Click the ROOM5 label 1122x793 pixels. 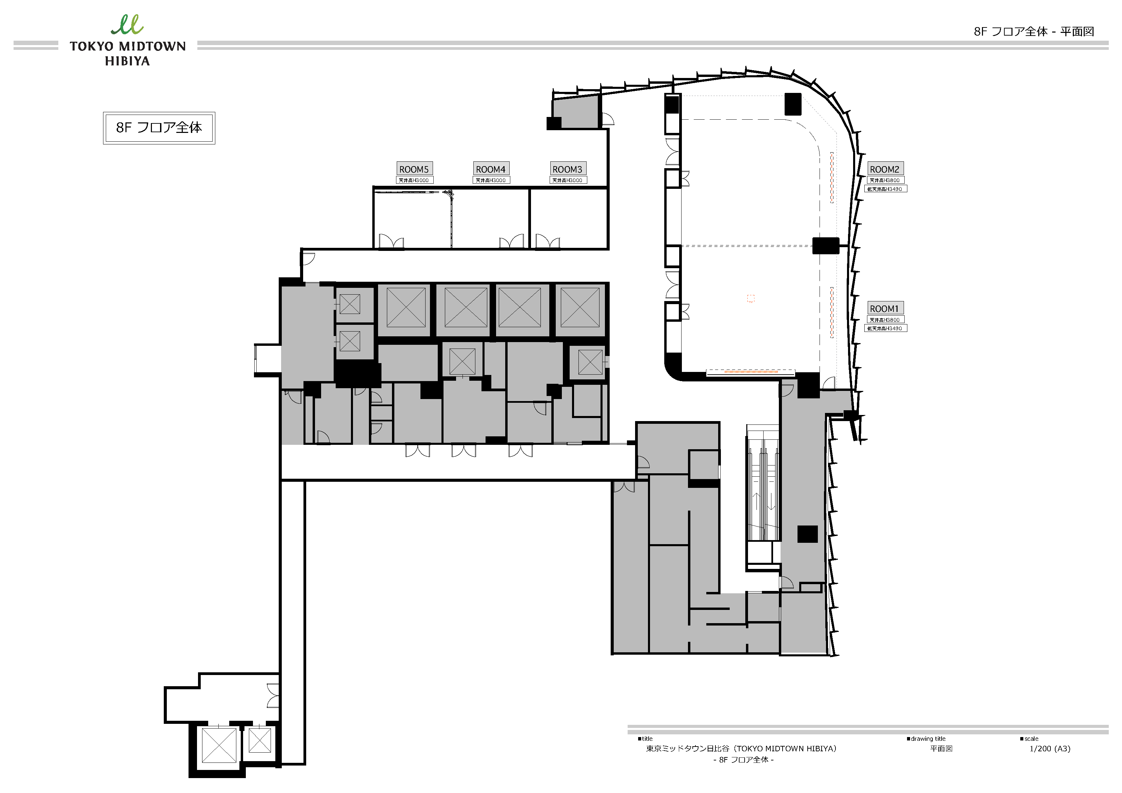point(414,169)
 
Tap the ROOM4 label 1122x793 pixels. point(491,169)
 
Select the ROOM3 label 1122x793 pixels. point(567,169)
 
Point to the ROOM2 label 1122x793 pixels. point(885,169)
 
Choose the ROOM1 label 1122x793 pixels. point(885,308)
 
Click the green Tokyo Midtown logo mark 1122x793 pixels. point(127,24)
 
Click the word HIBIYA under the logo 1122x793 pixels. point(127,61)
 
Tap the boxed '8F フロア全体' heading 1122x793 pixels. point(159,127)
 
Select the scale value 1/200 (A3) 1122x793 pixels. point(1050,749)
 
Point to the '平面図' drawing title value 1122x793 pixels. point(941,749)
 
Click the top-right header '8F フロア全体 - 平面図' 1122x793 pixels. point(1034,32)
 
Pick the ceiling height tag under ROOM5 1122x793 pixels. point(414,180)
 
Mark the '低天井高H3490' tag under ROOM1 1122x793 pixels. point(885,328)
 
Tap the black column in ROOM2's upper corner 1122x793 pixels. point(793,104)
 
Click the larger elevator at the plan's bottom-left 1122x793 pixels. point(219,745)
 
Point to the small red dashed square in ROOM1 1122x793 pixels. point(751,299)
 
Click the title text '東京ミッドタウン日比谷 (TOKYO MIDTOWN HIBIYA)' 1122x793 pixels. point(741,749)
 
